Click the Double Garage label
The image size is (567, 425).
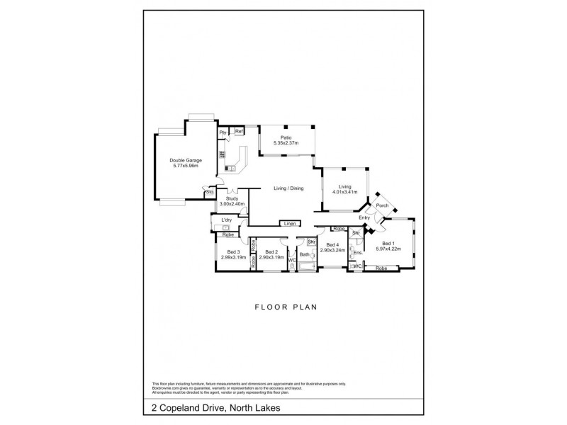(x=186, y=160)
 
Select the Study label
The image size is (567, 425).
(x=232, y=199)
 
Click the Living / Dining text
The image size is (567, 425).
(x=288, y=188)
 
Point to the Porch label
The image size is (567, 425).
(x=383, y=206)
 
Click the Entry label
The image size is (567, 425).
(x=364, y=217)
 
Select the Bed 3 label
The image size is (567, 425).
(x=234, y=251)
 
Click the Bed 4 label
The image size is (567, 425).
(x=332, y=246)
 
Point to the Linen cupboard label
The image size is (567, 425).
(x=289, y=225)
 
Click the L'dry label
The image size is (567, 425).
(x=227, y=220)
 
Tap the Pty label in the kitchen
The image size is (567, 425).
(x=223, y=132)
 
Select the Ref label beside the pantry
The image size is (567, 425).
(x=239, y=132)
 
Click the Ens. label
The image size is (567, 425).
(x=358, y=253)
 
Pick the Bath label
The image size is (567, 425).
(x=305, y=254)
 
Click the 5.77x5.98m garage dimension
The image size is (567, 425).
(x=186, y=166)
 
